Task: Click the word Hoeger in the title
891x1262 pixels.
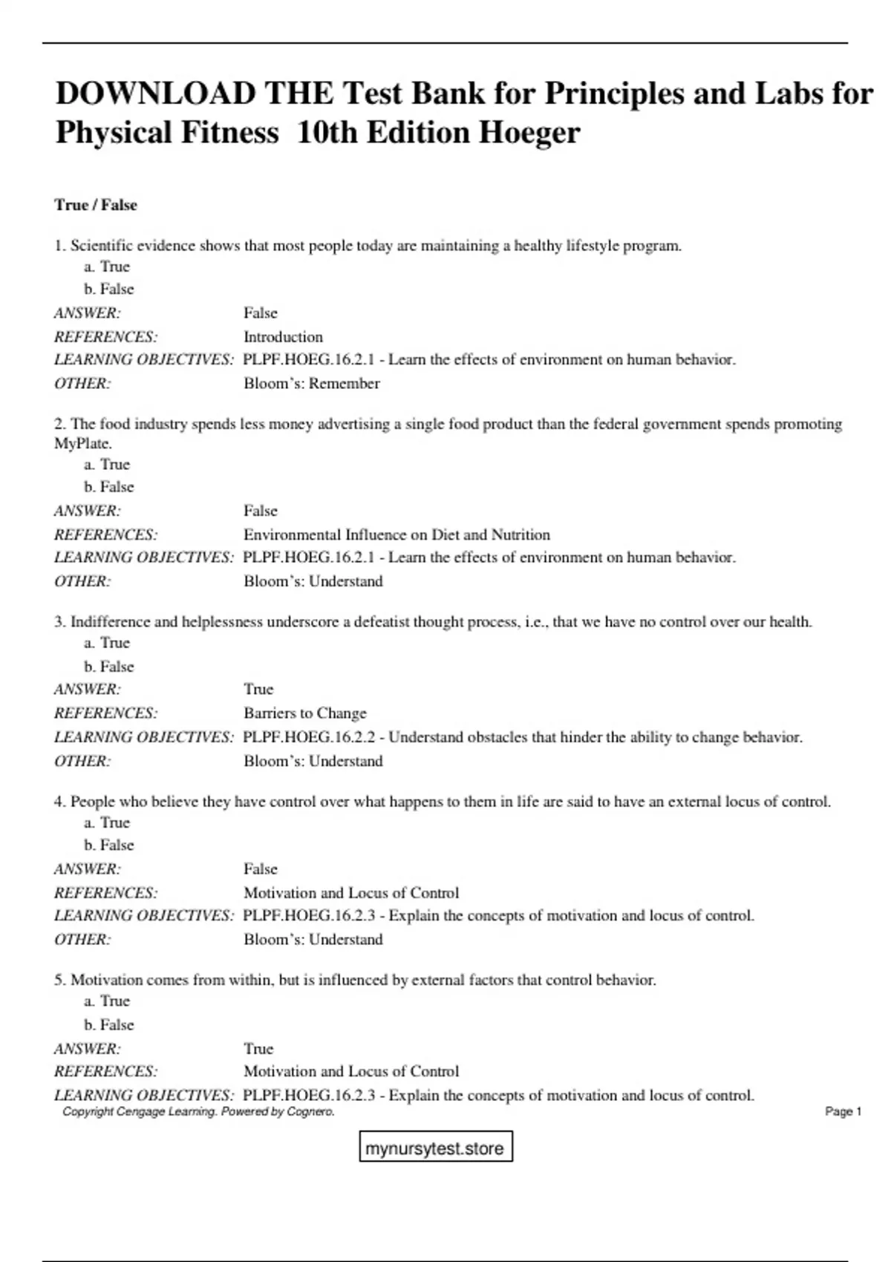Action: [x=529, y=133]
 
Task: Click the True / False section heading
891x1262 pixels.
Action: [x=96, y=205]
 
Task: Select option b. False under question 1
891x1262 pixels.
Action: [x=109, y=289]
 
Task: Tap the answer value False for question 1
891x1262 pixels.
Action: [x=261, y=313]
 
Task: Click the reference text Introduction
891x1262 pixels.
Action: [x=283, y=337]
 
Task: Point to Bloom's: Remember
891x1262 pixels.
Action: [x=312, y=384]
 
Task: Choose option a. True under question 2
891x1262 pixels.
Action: [x=107, y=465]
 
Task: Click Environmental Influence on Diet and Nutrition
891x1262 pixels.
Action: [x=396, y=534]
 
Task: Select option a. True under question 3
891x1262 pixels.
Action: [x=107, y=643]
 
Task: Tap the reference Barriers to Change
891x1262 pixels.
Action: [x=305, y=713]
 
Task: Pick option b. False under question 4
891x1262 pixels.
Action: [x=109, y=845]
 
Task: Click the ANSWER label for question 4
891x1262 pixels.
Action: [x=88, y=869]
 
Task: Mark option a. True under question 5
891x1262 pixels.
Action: [x=107, y=1001]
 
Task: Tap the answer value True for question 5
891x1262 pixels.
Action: [x=258, y=1049]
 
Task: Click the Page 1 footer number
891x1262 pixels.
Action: [x=843, y=1111]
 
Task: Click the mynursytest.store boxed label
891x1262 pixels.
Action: [x=435, y=1148]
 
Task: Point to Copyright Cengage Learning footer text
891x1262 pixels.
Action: [x=198, y=1111]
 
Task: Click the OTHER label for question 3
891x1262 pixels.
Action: [x=82, y=761]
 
